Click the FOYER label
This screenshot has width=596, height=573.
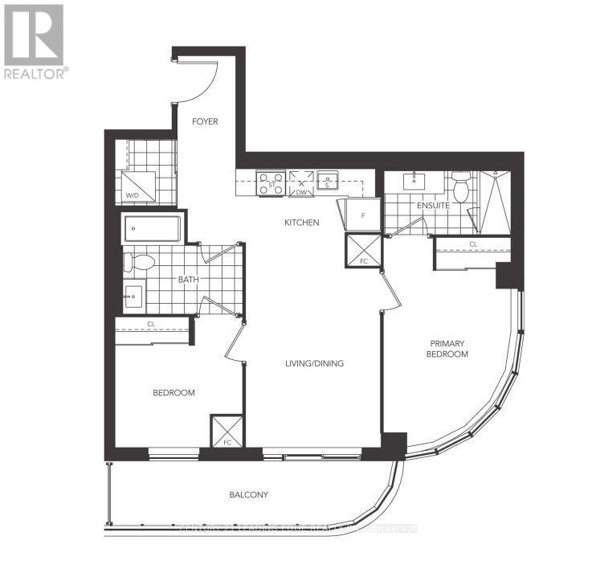(206, 122)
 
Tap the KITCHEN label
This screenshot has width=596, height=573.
(303, 223)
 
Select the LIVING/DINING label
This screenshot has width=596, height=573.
(314, 363)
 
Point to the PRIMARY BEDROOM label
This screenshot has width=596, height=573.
(447, 348)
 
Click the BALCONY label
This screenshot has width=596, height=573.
(248, 495)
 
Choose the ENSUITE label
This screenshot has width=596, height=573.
(433, 206)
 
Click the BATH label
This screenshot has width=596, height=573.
(189, 280)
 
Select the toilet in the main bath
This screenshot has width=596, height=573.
(142, 262)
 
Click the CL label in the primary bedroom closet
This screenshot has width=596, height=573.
(473, 244)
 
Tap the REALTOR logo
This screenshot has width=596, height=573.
(35, 40)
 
